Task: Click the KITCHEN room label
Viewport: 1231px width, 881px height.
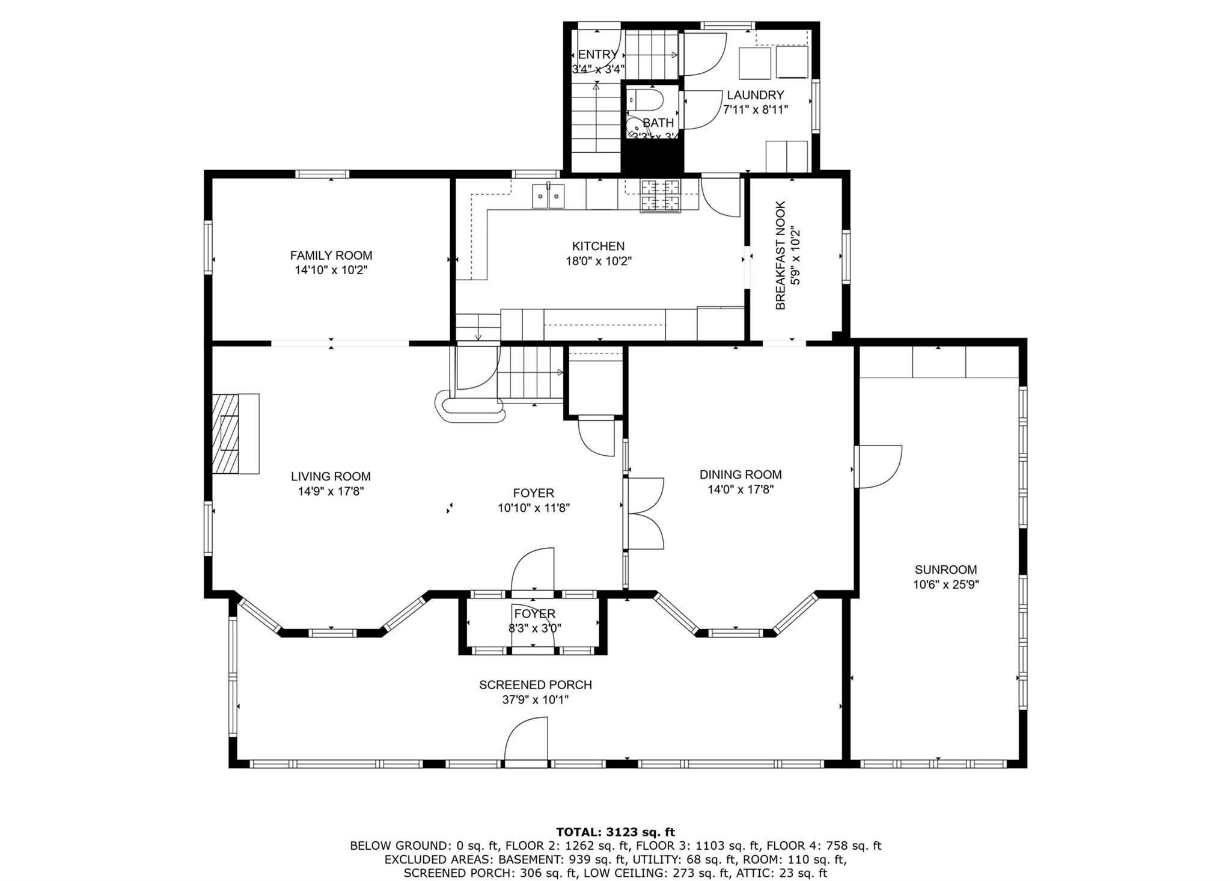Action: coord(597,246)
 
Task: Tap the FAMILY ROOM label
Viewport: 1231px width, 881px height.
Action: coord(331,256)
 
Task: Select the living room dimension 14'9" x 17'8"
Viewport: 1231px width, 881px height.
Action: coord(331,491)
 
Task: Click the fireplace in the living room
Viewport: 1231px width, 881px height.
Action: coord(234,434)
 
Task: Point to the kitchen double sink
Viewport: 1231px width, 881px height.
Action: coord(548,196)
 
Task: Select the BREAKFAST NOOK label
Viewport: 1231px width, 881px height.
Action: coord(780,256)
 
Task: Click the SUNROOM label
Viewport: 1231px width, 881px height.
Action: coord(945,569)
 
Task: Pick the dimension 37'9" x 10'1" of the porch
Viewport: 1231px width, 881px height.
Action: coord(535,700)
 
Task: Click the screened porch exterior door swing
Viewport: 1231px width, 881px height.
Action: coord(526,740)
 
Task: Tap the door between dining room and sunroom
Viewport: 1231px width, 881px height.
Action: coord(878,466)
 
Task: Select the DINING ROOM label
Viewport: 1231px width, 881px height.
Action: coord(740,474)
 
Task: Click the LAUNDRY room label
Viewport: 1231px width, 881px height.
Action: coord(755,95)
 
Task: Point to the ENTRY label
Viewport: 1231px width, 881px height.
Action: coord(597,55)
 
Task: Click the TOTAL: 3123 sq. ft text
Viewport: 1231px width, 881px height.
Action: coord(615,832)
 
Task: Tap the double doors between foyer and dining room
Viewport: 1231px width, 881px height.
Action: coord(644,513)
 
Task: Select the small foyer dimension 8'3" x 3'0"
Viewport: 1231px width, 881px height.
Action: coord(534,629)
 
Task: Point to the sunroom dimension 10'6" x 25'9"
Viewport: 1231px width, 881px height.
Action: coord(945,585)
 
